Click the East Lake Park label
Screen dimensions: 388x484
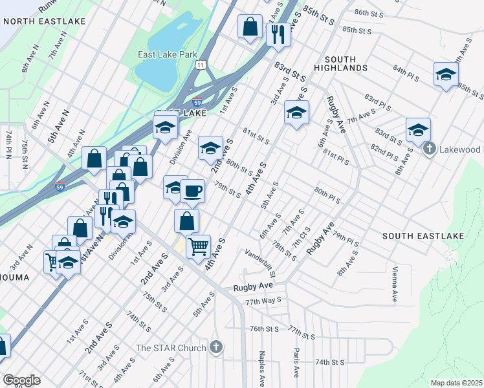click(167, 55)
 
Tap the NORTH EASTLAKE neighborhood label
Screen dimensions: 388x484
click(43, 21)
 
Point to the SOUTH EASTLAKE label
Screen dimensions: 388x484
click(423, 236)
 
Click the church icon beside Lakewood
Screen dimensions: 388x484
click(428, 150)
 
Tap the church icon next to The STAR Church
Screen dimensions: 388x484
click(216, 348)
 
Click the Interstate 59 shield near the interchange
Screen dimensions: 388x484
click(197, 102)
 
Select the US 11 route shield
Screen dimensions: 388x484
click(203, 65)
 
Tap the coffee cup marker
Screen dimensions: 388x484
click(192, 190)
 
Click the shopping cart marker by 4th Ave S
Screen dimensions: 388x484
click(198, 246)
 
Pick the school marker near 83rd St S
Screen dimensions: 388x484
click(296, 113)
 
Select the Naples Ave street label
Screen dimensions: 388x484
click(262, 364)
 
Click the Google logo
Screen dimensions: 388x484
click(21, 380)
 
